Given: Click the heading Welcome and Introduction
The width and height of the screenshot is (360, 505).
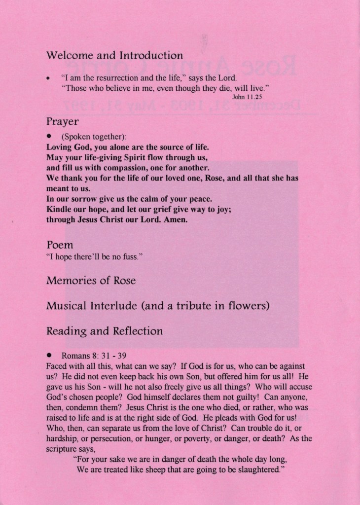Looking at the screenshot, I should click(114, 55).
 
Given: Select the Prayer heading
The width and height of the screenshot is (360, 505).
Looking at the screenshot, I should click(63, 121).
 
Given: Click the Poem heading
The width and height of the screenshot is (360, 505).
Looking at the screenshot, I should click(60, 245).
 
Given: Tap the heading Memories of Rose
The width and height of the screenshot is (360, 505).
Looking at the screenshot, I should click(91, 281).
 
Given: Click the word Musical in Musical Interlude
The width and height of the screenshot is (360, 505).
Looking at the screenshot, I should click(67, 306).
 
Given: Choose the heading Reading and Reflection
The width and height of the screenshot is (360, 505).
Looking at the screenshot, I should click(104, 331).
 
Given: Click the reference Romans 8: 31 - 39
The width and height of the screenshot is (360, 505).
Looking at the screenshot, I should click(94, 355).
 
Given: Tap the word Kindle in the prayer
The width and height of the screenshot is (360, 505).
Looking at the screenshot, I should click(58, 210).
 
